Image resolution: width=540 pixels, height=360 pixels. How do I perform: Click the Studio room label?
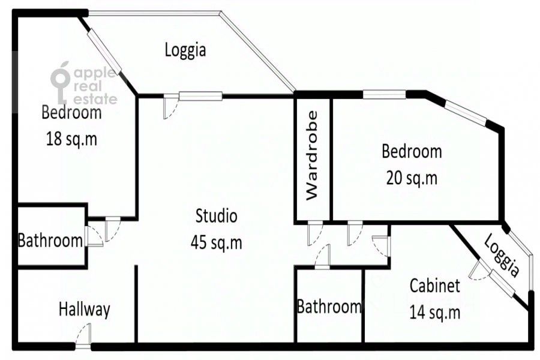click(216, 217)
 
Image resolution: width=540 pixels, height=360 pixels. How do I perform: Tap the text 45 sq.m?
click(216, 243)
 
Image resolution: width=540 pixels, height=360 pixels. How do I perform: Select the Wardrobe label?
click(312, 155)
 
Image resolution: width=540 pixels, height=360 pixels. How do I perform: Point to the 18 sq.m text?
click(71, 139)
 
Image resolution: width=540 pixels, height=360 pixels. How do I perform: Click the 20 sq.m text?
click(412, 178)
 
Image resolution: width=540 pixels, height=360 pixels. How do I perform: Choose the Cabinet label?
click(435, 286)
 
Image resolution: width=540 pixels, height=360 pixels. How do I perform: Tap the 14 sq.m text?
click(435, 313)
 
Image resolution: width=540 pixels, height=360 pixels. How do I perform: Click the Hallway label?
click(85, 310)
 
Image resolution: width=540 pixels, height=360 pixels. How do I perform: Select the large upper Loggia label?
click(185, 50)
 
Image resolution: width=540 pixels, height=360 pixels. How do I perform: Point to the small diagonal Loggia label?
click(502, 255)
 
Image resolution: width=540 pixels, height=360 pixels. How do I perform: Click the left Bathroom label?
click(50, 240)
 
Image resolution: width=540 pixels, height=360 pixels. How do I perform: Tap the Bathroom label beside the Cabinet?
click(329, 306)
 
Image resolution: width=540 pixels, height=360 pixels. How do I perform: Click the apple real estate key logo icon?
click(61, 83)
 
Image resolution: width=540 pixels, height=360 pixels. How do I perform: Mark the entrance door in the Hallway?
click(83, 336)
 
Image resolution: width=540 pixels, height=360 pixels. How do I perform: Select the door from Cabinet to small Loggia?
click(479, 269)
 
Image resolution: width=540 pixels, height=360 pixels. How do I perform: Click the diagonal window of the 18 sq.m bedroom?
click(104, 52)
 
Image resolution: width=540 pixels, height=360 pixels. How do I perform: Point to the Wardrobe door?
click(315, 233)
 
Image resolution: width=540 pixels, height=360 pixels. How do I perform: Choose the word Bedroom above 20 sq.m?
click(412, 152)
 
